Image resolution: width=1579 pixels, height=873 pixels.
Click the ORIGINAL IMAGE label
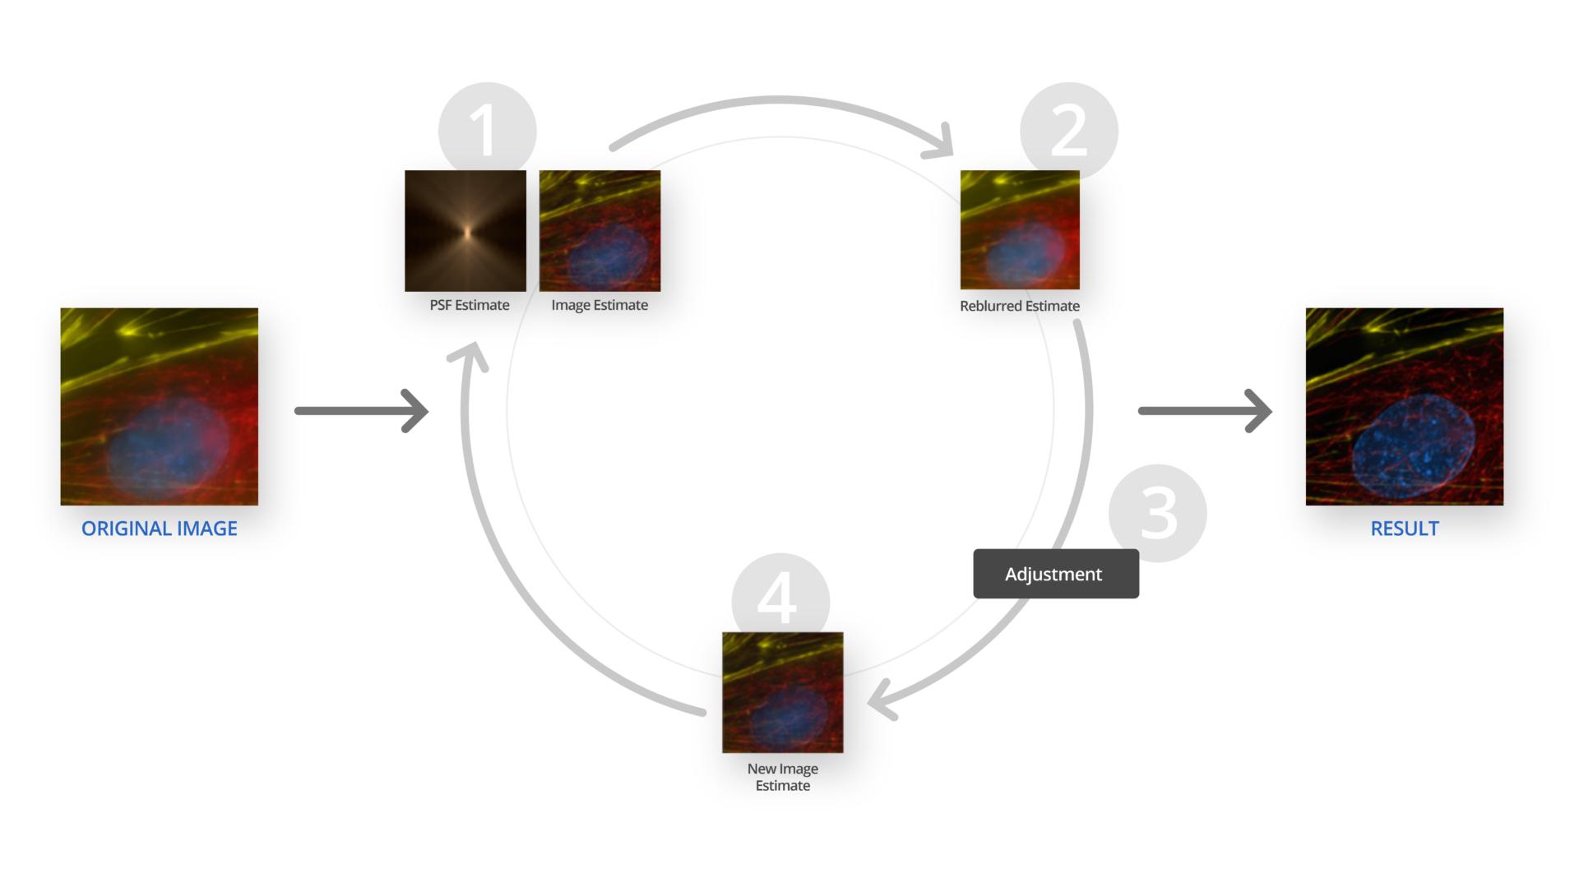pyautogui.click(x=159, y=529)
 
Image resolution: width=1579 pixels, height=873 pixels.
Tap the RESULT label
pyautogui.click(x=1404, y=529)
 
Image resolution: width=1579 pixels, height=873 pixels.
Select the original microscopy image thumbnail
pyautogui.click(x=159, y=406)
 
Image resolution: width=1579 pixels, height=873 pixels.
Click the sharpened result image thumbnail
pyautogui.click(x=1404, y=406)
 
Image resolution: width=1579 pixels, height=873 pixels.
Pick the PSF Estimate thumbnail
pyautogui.click(x=465, y=230)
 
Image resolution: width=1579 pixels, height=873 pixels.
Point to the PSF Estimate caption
pyautogui.click(x=469, y=305)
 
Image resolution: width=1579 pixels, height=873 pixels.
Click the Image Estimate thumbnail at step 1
pyautogui.click(x=600, y=230)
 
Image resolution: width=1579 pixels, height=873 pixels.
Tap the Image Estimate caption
pyautogui.click(x=600, y=305)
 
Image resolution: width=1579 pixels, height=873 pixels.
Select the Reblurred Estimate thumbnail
pyautogui.click(x=1020, y=229)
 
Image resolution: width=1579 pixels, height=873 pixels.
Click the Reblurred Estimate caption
pyautogui.click(x=1020, y=306)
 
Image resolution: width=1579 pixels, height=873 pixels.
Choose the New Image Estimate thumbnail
pyautogui.click(x=783, y=692)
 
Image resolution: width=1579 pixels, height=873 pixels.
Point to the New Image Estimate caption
pyautogui.click(x=783, y=777)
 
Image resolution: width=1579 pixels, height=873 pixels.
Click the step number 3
pyautogui.click(x=1159, y=513)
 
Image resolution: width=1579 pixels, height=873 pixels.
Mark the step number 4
pyautogui.click(x=776, y=598)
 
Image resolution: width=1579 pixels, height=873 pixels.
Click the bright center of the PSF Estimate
pyautogui.click(x=467, y=233)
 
